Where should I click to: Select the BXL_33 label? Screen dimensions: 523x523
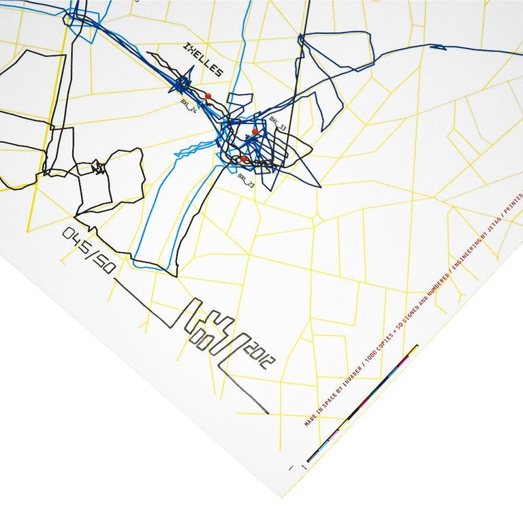(278, 123)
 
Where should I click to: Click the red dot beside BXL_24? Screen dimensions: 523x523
(208, 96)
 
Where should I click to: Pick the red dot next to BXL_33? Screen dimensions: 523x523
(255, 131)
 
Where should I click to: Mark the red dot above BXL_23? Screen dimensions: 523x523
(243, 159)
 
